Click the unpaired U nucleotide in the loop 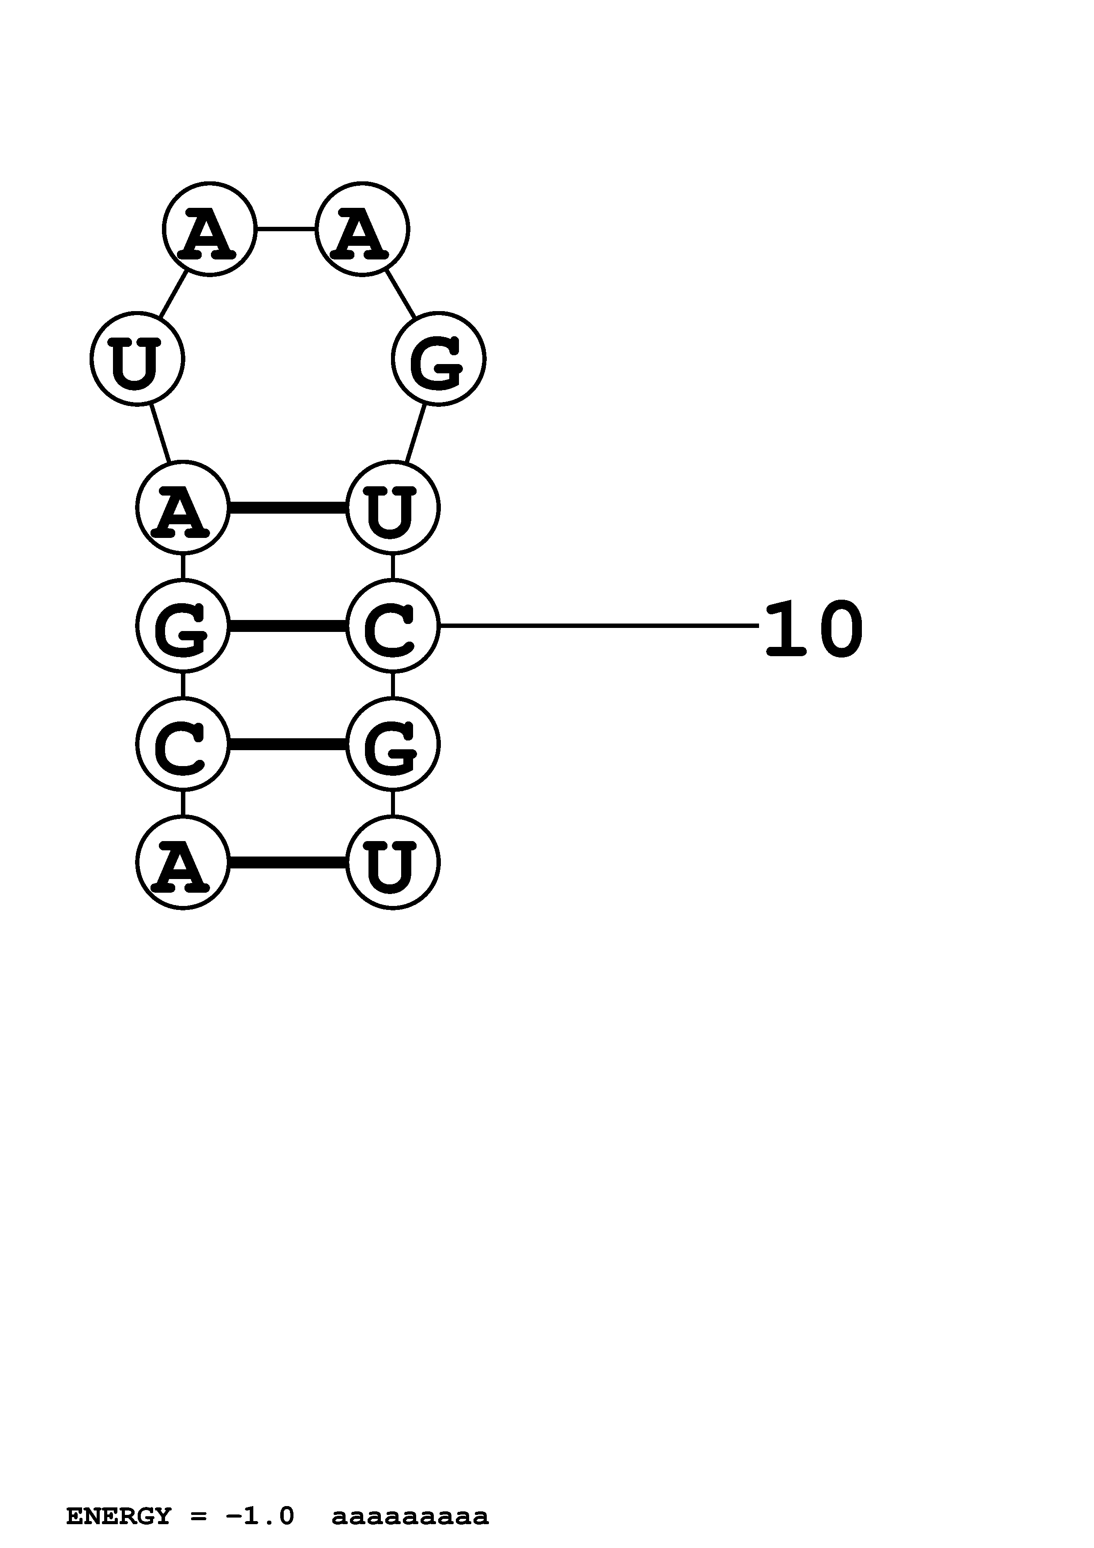point(137,359)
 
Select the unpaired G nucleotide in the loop point(438,359)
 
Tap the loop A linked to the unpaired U point(209,229)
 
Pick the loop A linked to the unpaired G point(362,229)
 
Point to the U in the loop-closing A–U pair point(392,507)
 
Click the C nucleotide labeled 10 point(392,626)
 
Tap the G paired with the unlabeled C point(392,744)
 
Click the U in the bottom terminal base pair point(392,862)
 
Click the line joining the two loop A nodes point(286,229)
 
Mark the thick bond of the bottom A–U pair point(287,862)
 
